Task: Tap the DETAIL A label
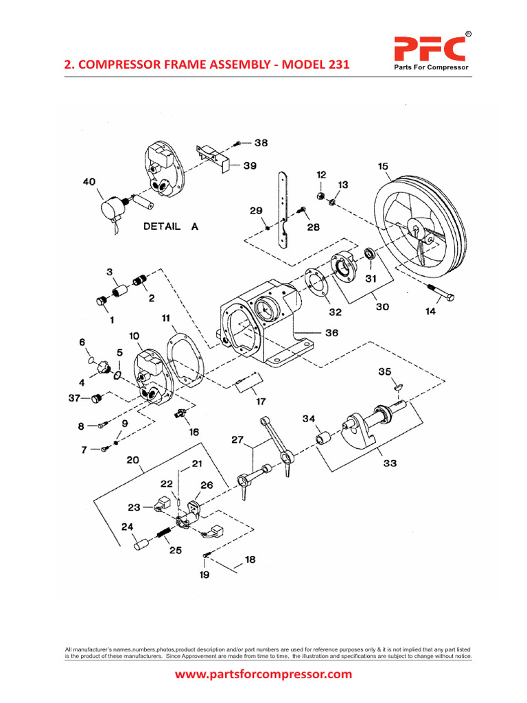(x=170, y=227)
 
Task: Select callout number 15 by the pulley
(x=383, y=165)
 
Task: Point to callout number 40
(x=90, y=182)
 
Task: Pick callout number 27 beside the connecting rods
(x=237, y=440)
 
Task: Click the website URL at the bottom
(x=263, y=674)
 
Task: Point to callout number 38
(x=261, y=143)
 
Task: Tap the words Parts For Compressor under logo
(x=430, y=67)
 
